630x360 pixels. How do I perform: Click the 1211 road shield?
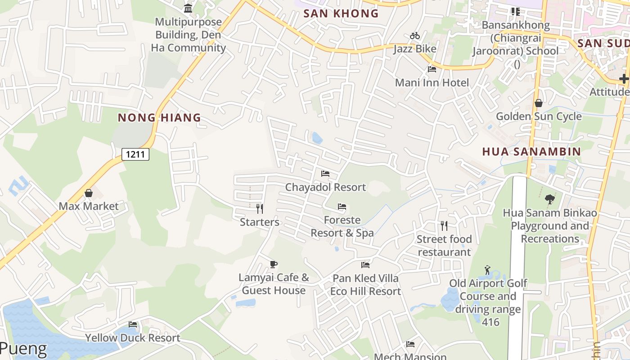point(135,154)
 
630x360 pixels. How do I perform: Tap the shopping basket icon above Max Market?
point(89,193)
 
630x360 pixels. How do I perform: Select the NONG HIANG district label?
point(159,118)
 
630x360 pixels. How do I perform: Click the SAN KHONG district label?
point(341,13)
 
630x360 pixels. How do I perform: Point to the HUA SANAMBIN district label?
point(531,152)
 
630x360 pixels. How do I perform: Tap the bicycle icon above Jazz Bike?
point(414,36)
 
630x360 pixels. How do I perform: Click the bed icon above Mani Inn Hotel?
point(432,69)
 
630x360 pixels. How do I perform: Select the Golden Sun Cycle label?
point(539,117)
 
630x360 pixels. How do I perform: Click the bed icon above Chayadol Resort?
point(325,174)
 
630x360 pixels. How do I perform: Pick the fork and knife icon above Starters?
point(259,208)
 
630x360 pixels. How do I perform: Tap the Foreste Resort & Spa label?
point(342,226)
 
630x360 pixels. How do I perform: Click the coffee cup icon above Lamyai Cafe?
point(273,264)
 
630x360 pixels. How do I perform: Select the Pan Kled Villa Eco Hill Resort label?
point(365,285)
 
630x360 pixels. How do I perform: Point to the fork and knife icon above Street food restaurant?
point(444,225)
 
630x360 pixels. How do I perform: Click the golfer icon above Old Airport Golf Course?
point(487,270)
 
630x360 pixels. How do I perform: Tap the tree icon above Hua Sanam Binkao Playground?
point(549,199)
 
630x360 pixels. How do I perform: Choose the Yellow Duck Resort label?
point(133,338)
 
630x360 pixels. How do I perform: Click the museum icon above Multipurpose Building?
point(188,8)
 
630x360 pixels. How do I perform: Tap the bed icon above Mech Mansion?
point(410,344)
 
